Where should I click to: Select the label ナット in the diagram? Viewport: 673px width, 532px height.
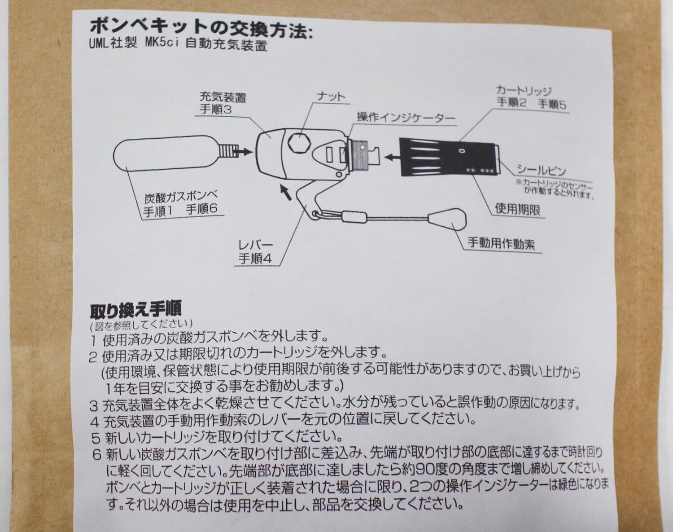click(331, 97)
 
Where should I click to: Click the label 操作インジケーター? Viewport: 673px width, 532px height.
click(406, 118)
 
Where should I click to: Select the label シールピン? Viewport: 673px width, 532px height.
click(541, 171)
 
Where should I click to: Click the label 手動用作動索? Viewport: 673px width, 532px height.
click(501, 244)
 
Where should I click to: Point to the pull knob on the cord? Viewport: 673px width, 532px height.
click(448, 221)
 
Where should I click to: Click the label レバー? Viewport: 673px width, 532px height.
click(256, 246)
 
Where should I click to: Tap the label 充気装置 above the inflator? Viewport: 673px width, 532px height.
click(223, 97)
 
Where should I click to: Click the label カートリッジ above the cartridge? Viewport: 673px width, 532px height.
click(523, 90)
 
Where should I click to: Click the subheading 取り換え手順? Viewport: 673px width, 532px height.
click(135, 310)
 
